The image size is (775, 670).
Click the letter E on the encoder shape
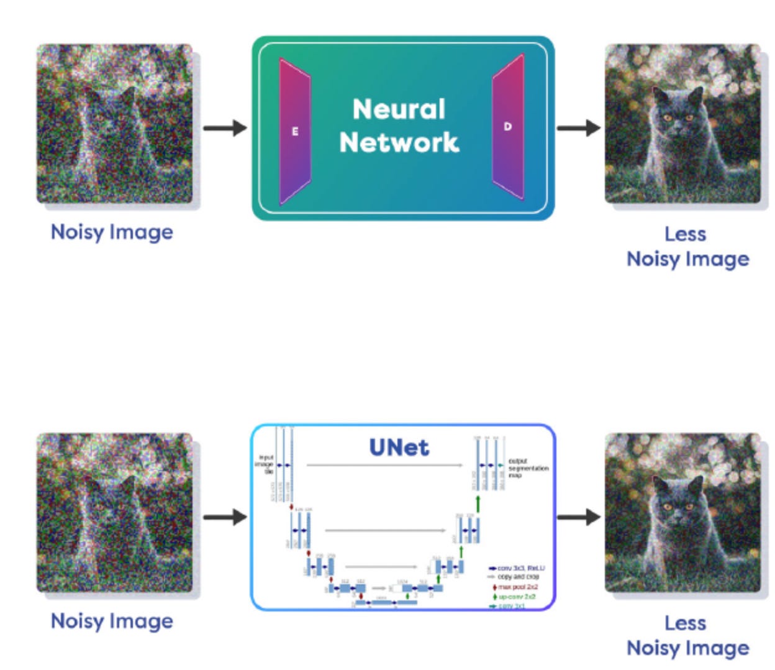(x=295, y=131)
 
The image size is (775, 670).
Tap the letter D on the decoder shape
(x=507, y=126)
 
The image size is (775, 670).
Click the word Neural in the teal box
(x=399, y=109)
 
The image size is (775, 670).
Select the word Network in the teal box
(x=399, y=142)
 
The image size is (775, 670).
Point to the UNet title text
(x=399, y=447)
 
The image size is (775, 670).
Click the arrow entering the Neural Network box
(x=225, y=128)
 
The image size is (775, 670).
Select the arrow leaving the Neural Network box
(x=578, y=128)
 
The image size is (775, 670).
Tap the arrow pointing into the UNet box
(x=225, y=516)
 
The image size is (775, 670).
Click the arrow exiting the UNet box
(x=578, y=516)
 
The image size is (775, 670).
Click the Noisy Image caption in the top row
(x=112, y=232)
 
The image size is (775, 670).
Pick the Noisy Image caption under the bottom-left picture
(x=112, y=621)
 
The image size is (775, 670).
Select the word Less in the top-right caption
(x=685, y=234)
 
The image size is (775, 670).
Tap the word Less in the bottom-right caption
(x=685, y=623)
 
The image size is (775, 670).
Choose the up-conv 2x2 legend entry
(x=516, y=597)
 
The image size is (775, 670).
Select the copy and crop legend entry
(x=517, y=577)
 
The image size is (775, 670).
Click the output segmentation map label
(x=527, y=468)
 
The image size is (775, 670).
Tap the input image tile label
(x=266, y=464)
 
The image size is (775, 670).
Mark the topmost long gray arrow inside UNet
(x=385, y=465)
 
